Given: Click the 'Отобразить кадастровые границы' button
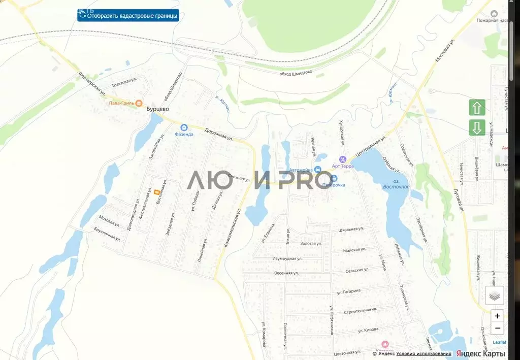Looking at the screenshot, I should tap(128, 16).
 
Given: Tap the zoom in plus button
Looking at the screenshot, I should tap(497, 316).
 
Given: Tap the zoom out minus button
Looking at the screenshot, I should tap(497, 328).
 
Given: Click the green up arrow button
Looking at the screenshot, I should tap(477, 108).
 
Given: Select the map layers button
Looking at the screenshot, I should tap(494, 296).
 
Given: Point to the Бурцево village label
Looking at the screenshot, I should tap(157, 109).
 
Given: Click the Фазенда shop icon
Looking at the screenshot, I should tap(183, 127).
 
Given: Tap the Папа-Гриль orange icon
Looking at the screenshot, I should tap(139, 103).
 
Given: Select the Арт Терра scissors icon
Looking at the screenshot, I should tap(342, 159).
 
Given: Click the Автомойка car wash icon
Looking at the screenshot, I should tap(318, 169).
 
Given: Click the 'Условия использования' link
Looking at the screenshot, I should tap(424, 354).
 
